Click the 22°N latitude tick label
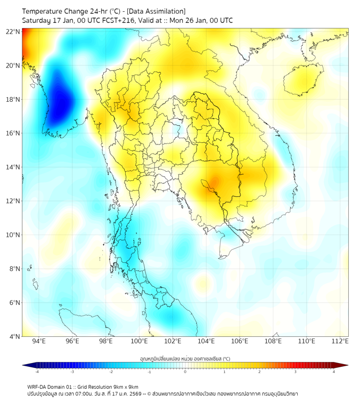click(13, 31)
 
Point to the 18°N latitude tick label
click(13, 99)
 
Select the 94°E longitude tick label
click(39, 342)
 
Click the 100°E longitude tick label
click(140, 342)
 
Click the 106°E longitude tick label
click(240, 342)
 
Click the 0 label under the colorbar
click(185, 372)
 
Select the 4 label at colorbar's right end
click(334, 372)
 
